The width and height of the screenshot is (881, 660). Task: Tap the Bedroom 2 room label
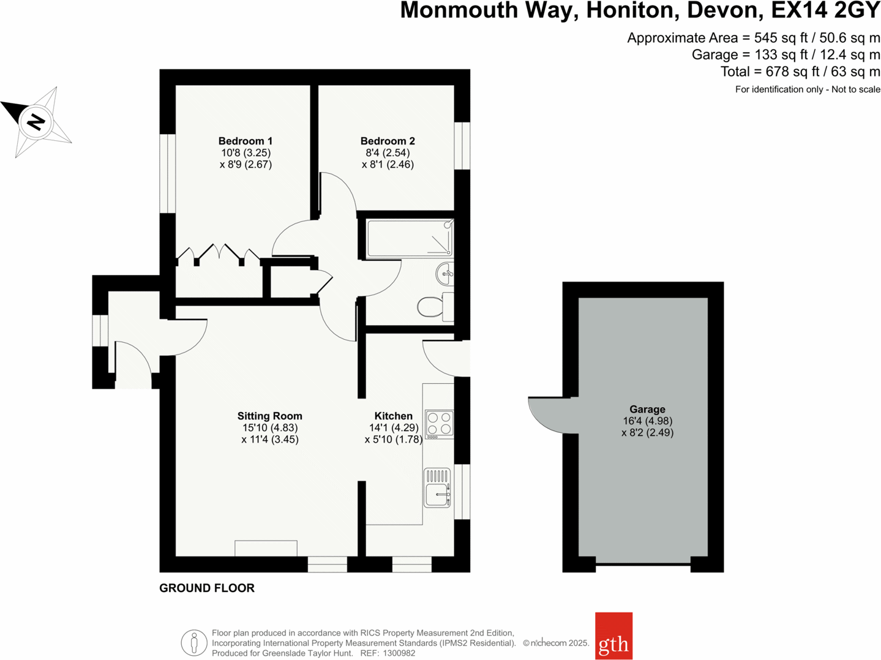pos(388,141)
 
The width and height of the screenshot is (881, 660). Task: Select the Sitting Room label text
pos(269,416)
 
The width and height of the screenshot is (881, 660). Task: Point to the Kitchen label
pos(393,416)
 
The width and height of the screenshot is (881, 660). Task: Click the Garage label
pos(647,410)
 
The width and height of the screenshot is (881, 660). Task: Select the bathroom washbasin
pos(445,273)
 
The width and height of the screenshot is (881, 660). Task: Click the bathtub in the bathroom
pos(409,239)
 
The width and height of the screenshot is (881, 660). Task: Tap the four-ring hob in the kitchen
pos(439,424)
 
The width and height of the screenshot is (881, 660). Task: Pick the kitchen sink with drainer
pos(437,487)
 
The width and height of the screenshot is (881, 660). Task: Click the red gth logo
pos(613,636)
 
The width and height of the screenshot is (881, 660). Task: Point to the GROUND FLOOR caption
pos(207,588)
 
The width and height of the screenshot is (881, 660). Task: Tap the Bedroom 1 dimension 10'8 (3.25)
pos(246,153)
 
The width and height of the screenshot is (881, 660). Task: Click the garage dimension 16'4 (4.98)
pos(647,421)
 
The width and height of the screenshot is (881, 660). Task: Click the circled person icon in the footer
pos(193,643)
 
